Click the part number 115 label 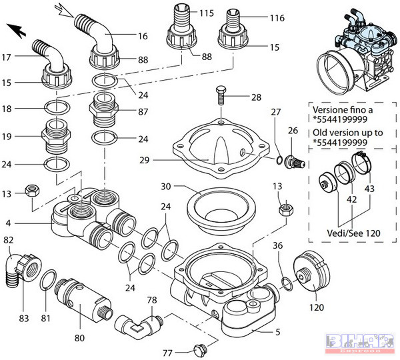207,13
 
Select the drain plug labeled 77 198,348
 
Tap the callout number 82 9,239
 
